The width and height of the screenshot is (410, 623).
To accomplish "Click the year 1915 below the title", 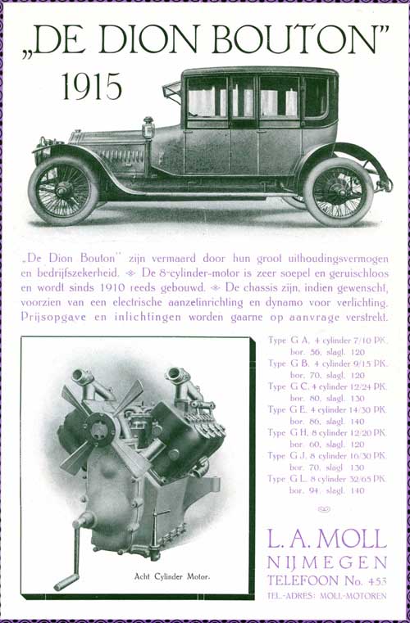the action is pos(91,85).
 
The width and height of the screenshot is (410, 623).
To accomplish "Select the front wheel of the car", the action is pos(63,191).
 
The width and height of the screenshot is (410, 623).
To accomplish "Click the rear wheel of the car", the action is pos(338,192).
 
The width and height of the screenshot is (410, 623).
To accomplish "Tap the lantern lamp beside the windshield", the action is pos(148,129).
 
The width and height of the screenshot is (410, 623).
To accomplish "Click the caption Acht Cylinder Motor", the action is pos(171,576).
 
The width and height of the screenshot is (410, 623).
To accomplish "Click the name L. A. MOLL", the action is pos(327,539).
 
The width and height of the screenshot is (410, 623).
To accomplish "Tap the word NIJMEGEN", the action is pos(327,562).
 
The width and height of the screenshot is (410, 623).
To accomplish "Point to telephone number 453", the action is pos(373,580).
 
